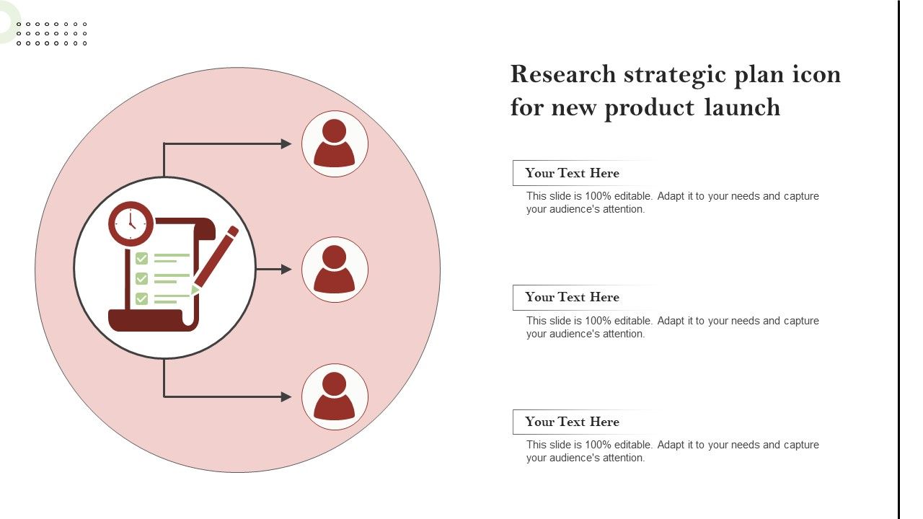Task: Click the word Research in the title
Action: [563, 74]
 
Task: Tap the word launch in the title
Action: [742, 107]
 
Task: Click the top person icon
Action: [334, 143]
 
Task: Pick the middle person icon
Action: [334, 270]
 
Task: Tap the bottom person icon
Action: [334, 396]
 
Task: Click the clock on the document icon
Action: [131, 223]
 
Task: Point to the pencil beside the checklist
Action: [215, 260]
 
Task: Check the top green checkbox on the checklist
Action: [141, 258]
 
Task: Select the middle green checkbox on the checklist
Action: [141, 278]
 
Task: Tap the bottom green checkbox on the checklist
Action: [141, 298]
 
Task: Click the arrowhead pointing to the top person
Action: [286, 143]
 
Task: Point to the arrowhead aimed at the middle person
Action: [286, 270]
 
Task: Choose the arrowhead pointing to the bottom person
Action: [286, 396]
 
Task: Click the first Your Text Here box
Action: [572, 173]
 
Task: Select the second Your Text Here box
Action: [572, 298]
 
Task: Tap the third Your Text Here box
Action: [572, 422]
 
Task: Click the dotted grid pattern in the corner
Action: [51, 34]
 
